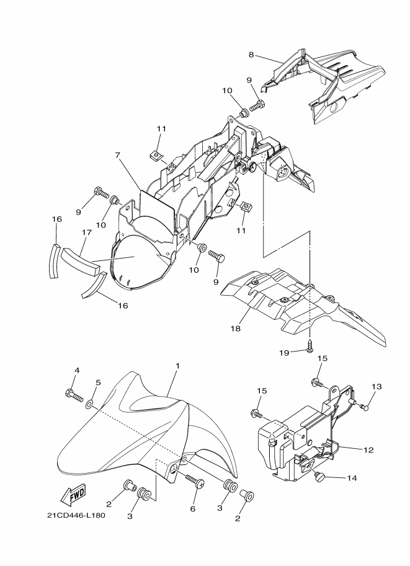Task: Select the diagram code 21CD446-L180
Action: (x=76, y=515)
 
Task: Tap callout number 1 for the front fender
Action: (x=177, y=366)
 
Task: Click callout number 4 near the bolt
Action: (x=76, y=370)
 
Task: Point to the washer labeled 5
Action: (x=89, y=403)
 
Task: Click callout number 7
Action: (x=117, y=155)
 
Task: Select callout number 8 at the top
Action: (x=251, y=55)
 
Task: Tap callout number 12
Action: (x=368, y=450)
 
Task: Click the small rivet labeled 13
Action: (x=365, y=407)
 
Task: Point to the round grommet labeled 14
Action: (x=320, y=477)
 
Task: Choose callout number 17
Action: (x=87, y=233)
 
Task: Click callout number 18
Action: (x=236, y=329)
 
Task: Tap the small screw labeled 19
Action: (x=310, y=346)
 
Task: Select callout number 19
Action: (x=284, y=353)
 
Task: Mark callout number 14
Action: (x=352, y=478)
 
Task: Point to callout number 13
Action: (x=377, y=386)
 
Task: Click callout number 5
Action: (x=98, y=382)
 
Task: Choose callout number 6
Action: (x=192, y=508)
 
